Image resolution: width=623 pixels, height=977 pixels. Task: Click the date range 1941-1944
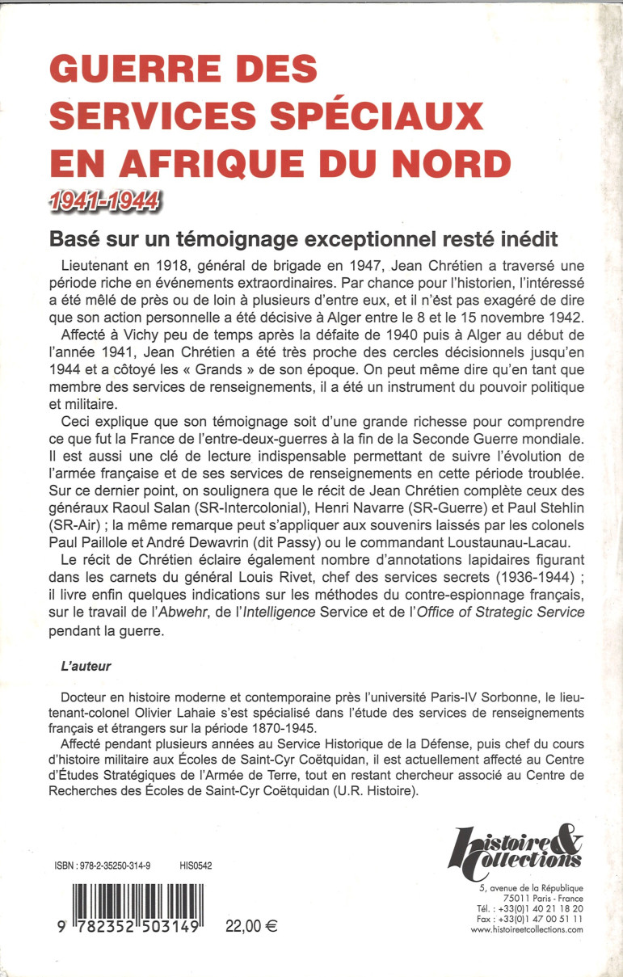(x=103, y=199)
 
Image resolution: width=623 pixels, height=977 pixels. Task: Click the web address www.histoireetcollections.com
(x=526, y=930)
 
